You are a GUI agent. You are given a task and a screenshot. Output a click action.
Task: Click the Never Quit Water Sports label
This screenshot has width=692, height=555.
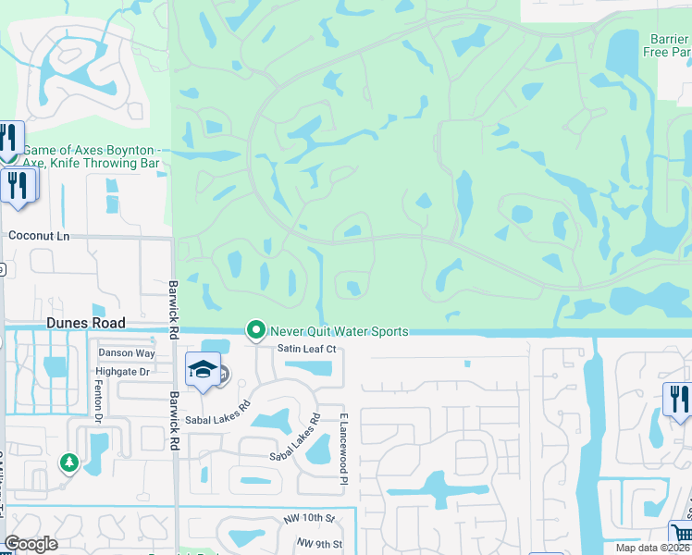tap(338, 331)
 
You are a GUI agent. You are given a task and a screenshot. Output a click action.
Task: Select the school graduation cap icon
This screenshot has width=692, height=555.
tap(203, 370)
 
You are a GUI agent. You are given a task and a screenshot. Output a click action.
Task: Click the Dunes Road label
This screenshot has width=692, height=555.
tap(85, 323)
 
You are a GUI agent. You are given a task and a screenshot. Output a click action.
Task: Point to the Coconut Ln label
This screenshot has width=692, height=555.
tap(39, 236)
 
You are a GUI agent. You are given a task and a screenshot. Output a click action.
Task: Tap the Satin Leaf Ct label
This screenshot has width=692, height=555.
tap(305, 349)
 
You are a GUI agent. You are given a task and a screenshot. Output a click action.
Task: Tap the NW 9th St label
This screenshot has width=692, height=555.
tap(320, 544)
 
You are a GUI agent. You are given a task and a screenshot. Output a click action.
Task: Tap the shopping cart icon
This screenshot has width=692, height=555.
tap(681, 534)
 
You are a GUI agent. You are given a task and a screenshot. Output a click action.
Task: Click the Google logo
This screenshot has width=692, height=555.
tap(31, 544)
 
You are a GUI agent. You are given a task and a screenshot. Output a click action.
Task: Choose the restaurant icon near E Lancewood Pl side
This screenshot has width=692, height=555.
tap(677, 399)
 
